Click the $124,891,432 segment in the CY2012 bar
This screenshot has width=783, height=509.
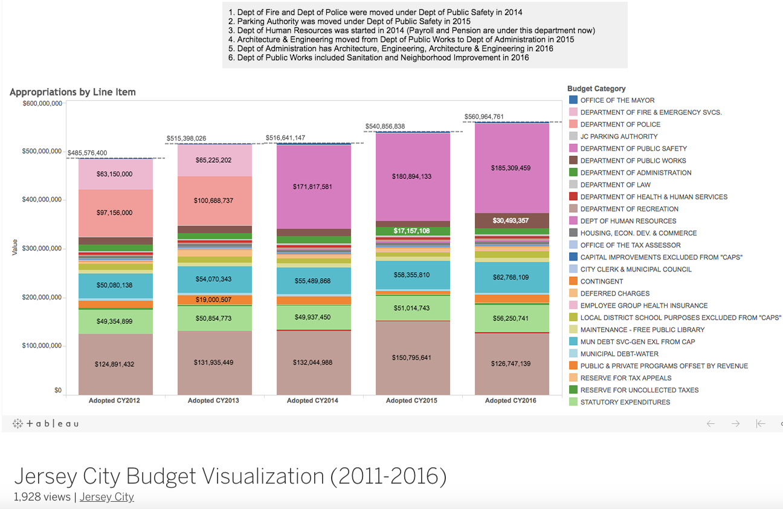114,364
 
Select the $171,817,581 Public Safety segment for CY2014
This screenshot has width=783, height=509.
313,187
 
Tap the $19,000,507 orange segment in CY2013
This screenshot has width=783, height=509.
213,299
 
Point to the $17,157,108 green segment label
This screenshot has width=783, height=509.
411,231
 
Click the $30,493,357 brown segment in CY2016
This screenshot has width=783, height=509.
511,221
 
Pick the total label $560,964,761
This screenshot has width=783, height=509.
483,117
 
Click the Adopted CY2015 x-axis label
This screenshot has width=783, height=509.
411,400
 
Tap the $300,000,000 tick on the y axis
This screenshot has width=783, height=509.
42,248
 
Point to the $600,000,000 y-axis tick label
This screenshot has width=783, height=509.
42,103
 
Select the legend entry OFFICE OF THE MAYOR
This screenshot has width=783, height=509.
617,100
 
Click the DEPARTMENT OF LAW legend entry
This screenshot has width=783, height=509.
616,185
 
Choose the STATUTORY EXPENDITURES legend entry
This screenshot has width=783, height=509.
625,402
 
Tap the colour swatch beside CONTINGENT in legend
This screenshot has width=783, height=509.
573,281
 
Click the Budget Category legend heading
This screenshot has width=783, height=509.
596,89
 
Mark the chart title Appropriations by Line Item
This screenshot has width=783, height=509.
72,92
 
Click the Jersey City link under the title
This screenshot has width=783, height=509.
107,497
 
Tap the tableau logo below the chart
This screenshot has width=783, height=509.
46,424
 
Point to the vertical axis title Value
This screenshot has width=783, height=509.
14,248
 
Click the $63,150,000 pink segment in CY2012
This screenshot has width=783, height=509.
114,174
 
